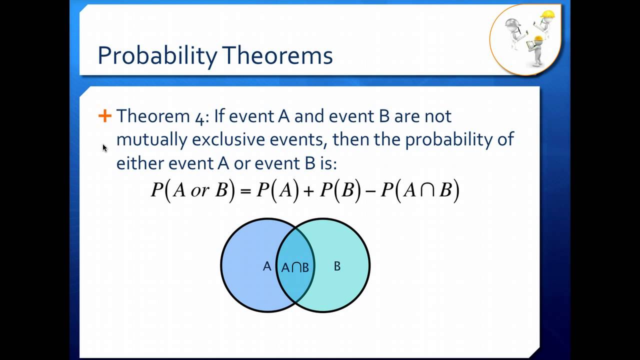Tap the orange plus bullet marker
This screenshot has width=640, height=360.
tap(104, 116)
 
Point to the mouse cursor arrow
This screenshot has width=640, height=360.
tap(105, 148)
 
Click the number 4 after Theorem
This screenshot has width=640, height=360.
tap(199, 116)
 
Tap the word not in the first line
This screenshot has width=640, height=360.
tap(437, 116)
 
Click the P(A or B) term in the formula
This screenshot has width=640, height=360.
tap(192, 191)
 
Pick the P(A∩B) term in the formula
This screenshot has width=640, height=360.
tap(420, 191)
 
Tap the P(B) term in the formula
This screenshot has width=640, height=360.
tap(339, 191)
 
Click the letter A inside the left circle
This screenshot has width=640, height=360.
tap(267, 266)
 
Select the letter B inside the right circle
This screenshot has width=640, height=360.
tap(337, 266)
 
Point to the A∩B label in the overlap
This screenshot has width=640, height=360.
tap(295, 267)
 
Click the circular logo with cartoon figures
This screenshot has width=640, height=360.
tap(525, 39)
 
